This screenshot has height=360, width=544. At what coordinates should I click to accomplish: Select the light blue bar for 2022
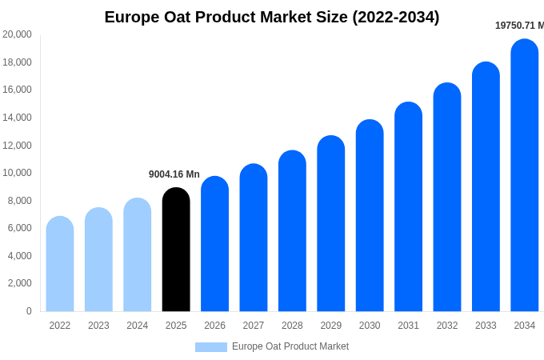point(60,264)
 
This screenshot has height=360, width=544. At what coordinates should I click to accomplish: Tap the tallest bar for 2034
point(525,176)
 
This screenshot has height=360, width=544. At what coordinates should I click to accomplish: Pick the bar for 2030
point(370,216)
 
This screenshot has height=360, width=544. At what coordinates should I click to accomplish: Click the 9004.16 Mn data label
point(174,174)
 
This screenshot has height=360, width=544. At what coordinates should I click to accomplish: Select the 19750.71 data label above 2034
point(519,26)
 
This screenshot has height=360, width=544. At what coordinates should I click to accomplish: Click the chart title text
point(272,17)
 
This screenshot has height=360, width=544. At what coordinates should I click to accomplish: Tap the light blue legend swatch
point(211,346)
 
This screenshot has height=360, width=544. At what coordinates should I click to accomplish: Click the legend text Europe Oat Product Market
point(290,346)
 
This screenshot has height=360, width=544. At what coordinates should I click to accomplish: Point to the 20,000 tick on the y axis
point(17,34)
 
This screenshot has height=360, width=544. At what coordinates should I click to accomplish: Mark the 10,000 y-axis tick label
point(17,173)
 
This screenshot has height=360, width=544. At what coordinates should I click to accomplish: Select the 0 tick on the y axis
point(29,311)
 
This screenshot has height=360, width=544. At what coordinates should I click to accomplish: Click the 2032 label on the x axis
point(447,326)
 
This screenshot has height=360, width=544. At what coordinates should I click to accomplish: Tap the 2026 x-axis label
point(214,326)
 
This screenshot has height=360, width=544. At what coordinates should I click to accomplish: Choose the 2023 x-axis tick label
point(98,326)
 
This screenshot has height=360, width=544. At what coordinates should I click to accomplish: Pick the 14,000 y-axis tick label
point(17,118)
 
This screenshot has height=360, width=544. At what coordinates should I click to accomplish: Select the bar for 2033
point(486,187)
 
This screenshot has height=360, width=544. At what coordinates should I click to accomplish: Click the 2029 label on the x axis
point(331,326)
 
